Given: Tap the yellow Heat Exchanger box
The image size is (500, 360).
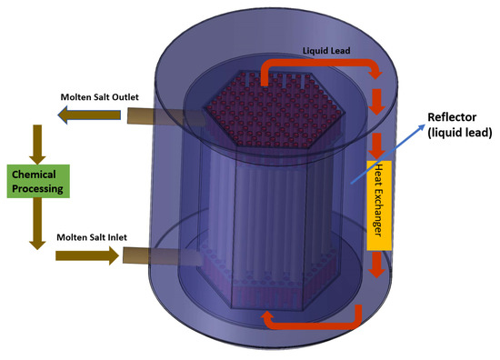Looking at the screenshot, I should (379, 205).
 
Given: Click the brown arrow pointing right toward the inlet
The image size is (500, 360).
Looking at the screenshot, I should (85, 256).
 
